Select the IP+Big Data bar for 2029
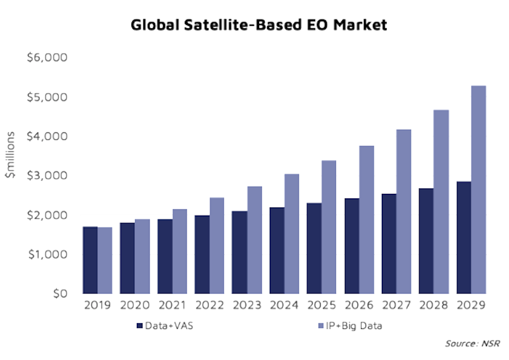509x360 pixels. coord(478,190)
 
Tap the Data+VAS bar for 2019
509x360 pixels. coord(90,260)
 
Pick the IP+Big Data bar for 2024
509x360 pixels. coord(291,234)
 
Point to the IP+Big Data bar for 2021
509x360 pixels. coord(179,251)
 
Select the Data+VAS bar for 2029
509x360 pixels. coord(464,237)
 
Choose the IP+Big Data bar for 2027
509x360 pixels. coord(403,212)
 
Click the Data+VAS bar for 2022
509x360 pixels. coord(202,254)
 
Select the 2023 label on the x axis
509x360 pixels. coord(247,306)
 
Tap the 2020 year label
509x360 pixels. coord(135,306)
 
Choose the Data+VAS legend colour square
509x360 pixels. coord(139,326)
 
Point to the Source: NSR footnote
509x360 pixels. coord(472,344)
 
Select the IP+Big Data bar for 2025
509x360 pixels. coord(329,227)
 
